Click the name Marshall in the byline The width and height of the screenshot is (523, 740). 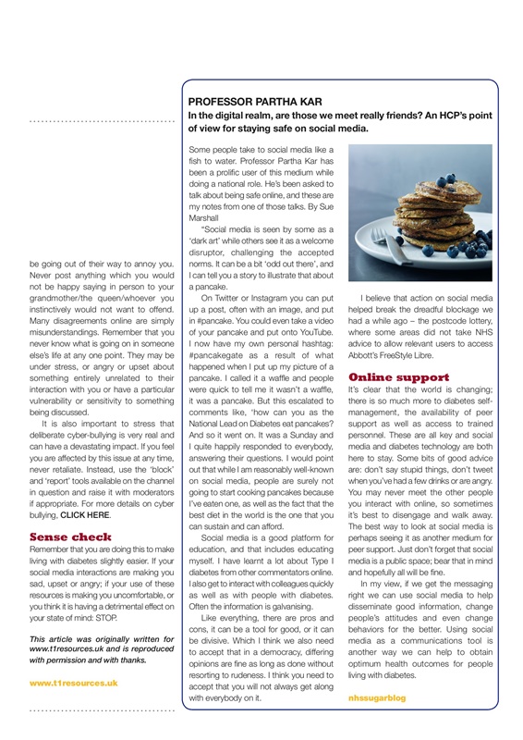(x=206, y=219)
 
